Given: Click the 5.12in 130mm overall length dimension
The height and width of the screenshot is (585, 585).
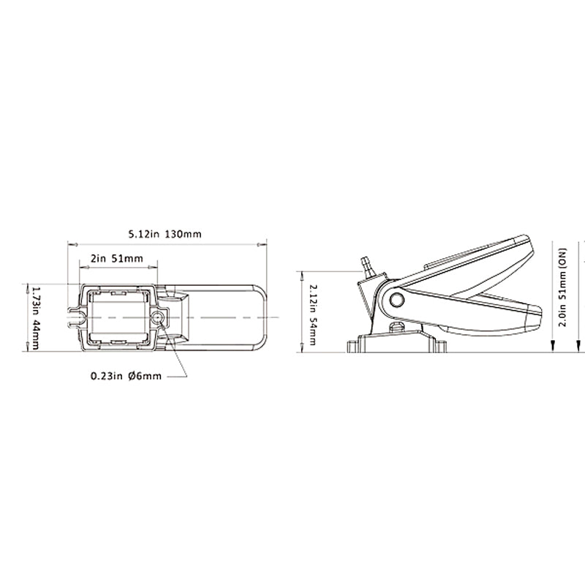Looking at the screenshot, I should (165, 235).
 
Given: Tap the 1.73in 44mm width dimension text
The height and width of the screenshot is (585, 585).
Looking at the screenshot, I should (35, 317).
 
